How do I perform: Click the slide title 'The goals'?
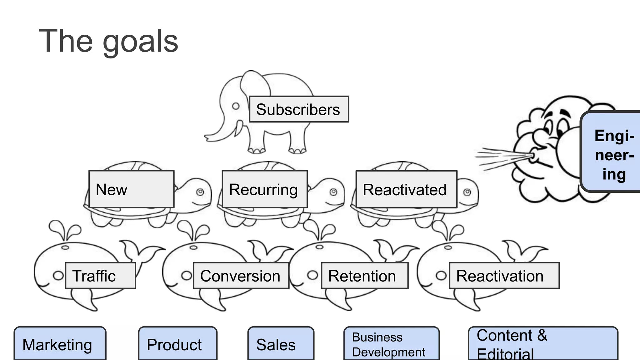tap(108, 41)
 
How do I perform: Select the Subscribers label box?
tap(299, 109)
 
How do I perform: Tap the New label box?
tap(131, 189)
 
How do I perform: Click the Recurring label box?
tap(264, 189)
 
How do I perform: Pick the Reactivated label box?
tap(406, 189)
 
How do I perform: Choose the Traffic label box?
tap(100, 276)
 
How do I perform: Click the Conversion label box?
tap(241, 276)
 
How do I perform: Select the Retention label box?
tap(364, 276)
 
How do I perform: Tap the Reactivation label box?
tap(504, 276)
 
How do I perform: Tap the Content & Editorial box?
tap(542, 344)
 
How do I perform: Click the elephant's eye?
tap(236, 106)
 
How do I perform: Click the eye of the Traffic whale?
tap(58, 275)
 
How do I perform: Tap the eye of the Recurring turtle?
tap(333, 192)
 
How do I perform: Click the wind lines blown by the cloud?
tap(500, 158)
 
